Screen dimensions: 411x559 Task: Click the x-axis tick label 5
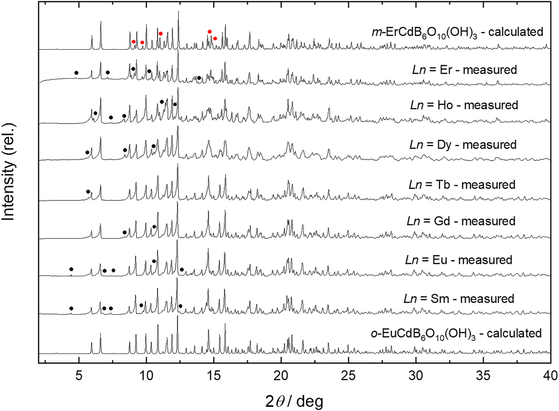coord(79,376)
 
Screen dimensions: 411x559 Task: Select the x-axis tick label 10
coord(146,376)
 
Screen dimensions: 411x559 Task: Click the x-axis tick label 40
coord(548,376)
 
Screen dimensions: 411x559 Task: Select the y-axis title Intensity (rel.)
coord(9,172)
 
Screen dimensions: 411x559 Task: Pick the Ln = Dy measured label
coord(463,145)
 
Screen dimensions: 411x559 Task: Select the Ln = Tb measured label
coord(462,184)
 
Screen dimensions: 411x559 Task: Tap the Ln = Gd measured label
coord(461,221)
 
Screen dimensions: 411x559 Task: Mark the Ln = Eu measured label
coord(459,260)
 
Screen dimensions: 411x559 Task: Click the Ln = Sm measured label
coord(459,299)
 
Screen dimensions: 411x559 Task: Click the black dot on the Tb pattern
coord(88,192)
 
